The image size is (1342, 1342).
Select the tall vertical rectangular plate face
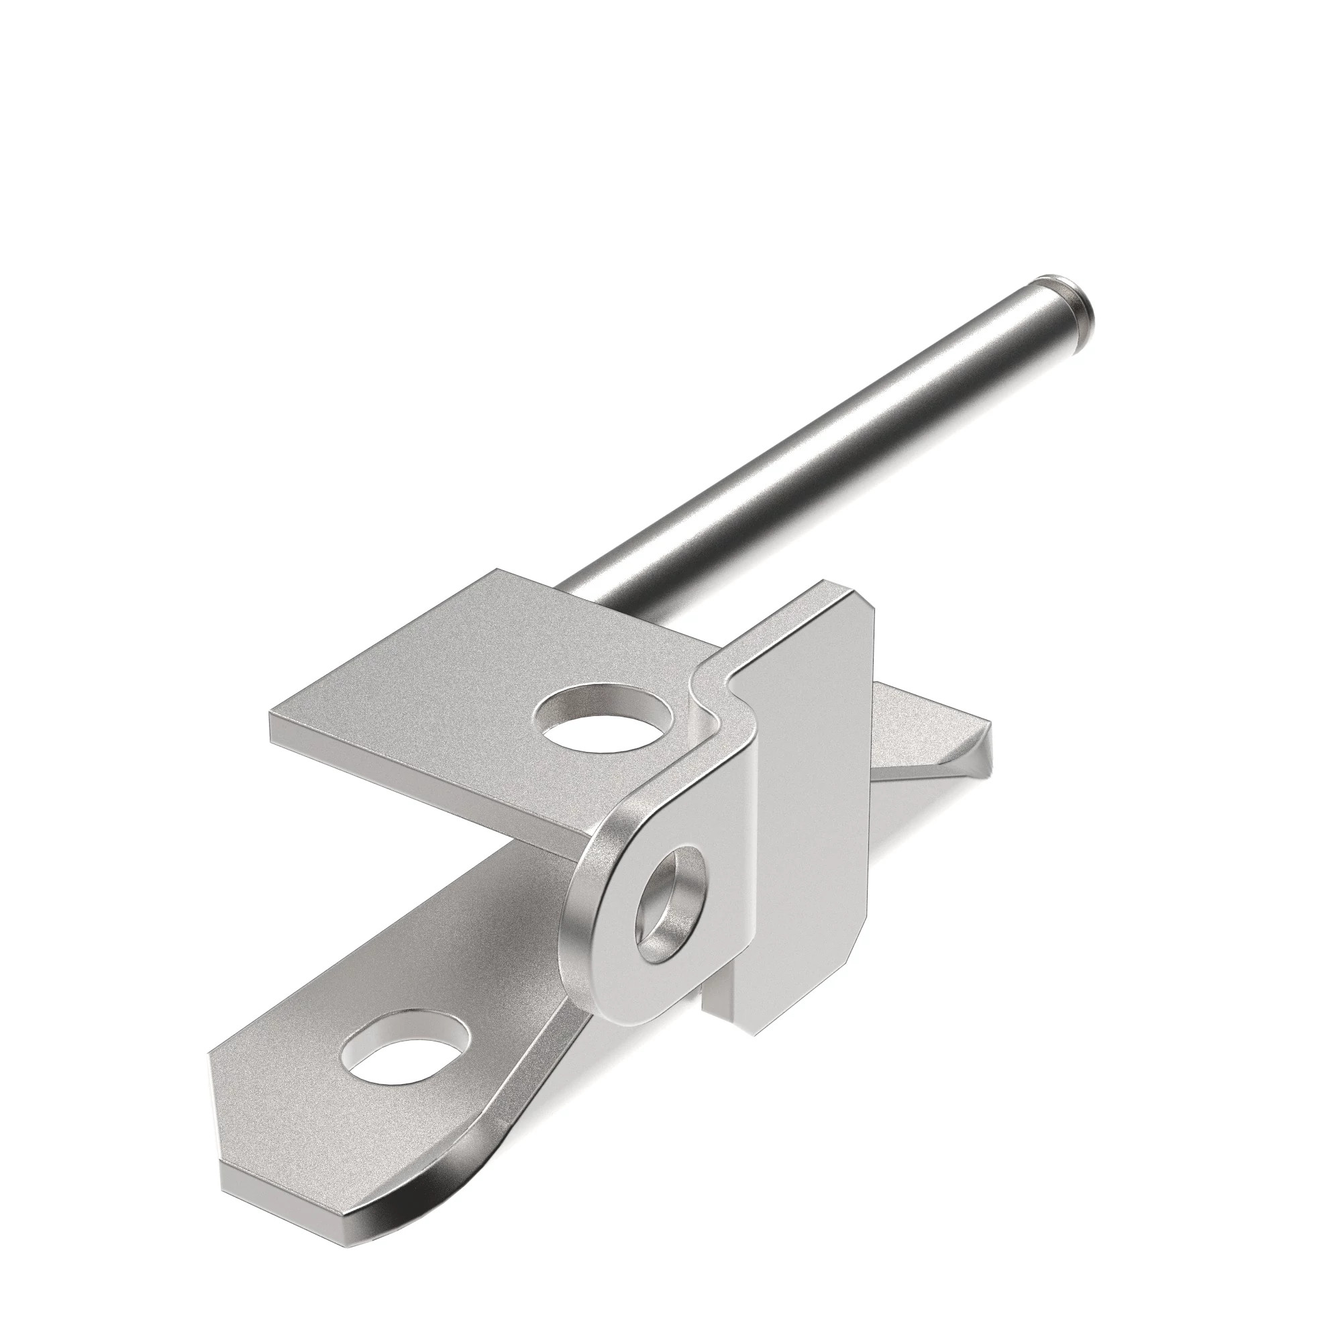tap(813, 785)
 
